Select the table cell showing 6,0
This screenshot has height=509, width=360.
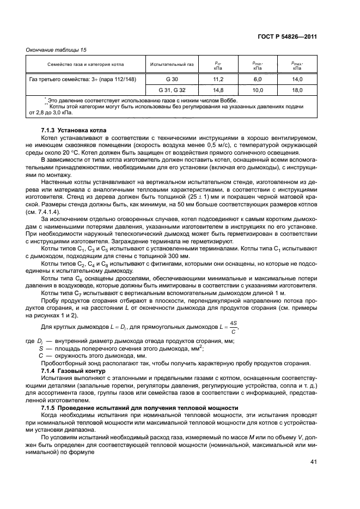258,79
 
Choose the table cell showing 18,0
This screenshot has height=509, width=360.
297,90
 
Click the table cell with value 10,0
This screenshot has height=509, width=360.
258,90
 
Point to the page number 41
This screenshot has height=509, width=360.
313,462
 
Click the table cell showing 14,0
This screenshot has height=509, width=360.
297,79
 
